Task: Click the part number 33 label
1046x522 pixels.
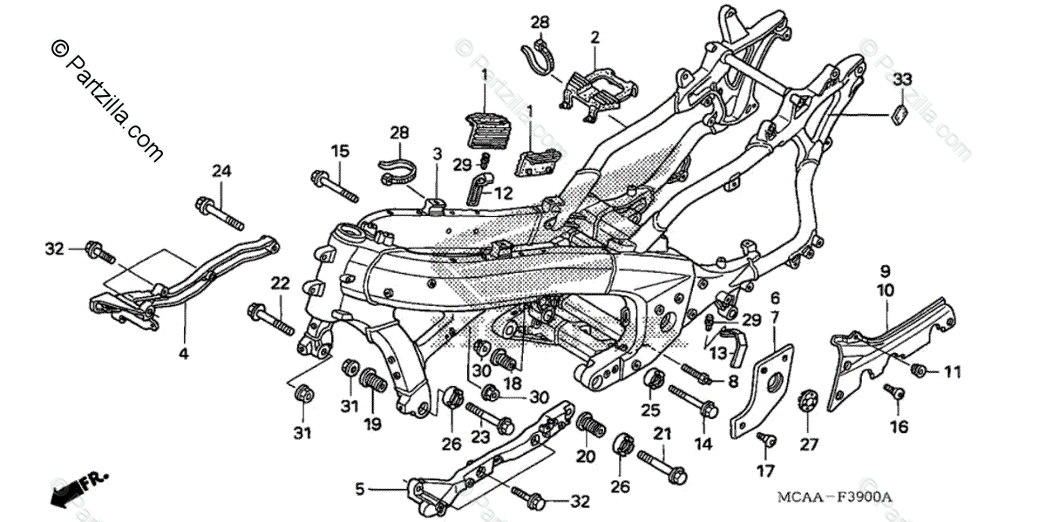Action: pyautogui.click(x=901, y=79)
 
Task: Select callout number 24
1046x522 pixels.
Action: pyautogui.click(x=221, y=171)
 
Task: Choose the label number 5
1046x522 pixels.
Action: pyautogui.click(x=359, y=491)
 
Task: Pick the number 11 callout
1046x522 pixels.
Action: pyautogui.click(x=951, y=372)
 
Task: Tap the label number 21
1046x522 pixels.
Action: pyautogui.click(x=662, y=433)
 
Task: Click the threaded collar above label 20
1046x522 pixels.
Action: pyautogui.click(x=590, y=429)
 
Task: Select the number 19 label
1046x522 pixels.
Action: pyautogui.click(x=373, y=424)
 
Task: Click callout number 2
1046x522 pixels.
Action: pyautogui.click(x=595, y=37)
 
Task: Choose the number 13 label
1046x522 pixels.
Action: pyautogui.click(x=718, y=353)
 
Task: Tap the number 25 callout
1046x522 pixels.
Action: pyautogui.click(x=649, y=410)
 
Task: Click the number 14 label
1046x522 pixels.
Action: pyautogui.click(x=703, y=444)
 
